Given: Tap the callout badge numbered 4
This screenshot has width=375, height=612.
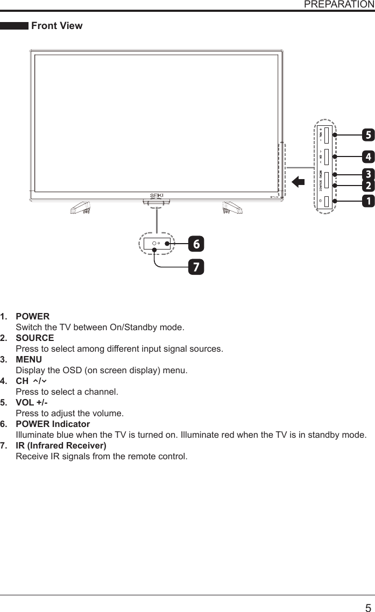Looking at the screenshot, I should (368, 157).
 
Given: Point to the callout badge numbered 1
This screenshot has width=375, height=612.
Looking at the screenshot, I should (368, 201).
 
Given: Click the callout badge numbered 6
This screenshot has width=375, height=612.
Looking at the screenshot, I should (196, 244).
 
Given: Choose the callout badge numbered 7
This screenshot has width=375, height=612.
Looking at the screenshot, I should (196, 267).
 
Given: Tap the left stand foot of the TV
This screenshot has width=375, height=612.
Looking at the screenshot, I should (80, 207).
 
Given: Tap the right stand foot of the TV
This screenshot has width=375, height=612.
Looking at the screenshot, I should (232, 207).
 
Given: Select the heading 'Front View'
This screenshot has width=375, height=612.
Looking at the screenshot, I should (57, 26).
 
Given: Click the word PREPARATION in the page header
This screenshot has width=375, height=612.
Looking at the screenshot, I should (339, 4).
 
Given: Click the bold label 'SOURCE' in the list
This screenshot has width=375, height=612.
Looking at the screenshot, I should (34, 338).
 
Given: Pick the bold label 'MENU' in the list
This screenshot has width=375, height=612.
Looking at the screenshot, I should (29, 360).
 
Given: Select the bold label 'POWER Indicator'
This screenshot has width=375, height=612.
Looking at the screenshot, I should (53, 424).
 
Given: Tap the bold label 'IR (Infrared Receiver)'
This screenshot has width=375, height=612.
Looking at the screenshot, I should (61, 446).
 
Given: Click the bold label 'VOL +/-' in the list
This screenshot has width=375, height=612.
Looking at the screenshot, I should (32, 403).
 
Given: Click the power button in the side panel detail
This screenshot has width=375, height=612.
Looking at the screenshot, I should (327, 201).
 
